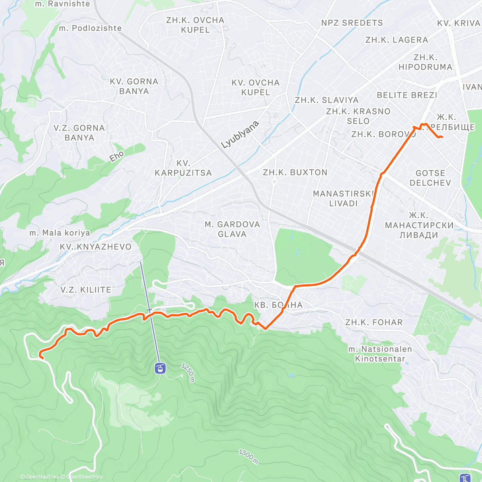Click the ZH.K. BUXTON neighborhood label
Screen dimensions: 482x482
tap(295, 173)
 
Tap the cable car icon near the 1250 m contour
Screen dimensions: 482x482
tap(160, 368)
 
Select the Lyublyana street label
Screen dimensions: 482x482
tap(240, 135)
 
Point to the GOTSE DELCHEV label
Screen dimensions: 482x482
tap(430, 178)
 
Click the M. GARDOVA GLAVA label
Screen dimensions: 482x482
tap(232, 229)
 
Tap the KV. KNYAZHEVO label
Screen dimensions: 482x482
tap(96, 247)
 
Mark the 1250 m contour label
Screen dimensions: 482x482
tap(188, 372)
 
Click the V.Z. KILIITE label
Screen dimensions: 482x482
tap(86, 290)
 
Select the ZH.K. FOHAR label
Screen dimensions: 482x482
tap(374, 323)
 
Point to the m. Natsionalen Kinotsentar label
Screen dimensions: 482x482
tap(380, 354)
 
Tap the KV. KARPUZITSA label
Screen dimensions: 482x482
tap(183, 168)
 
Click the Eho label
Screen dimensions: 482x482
tap(117, 156)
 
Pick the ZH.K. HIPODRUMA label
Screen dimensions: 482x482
tap(425, 62)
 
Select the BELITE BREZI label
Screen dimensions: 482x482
tap(407, 95)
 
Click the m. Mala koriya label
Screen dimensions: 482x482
tap(60, 233)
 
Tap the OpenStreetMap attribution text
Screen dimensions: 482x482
tap(84, 477)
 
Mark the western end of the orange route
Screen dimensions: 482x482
tap(40, 354)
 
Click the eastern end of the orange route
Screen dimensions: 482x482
tap(442, 137)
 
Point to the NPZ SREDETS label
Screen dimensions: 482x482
tap(352, 23)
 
